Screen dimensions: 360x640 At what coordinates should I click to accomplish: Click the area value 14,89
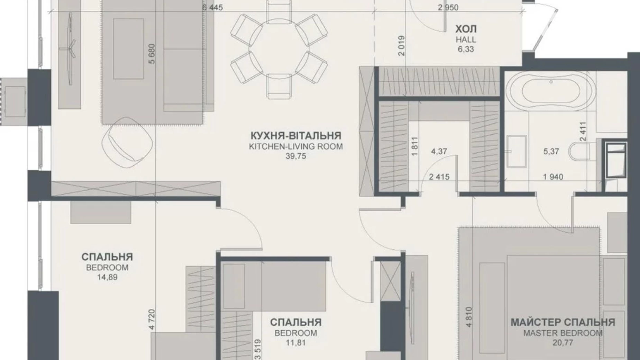point(107,277)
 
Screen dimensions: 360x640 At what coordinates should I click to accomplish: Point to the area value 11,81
point(296,343)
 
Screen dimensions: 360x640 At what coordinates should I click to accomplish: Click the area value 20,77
point(563,343)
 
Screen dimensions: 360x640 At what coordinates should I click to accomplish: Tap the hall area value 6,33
point(466,49)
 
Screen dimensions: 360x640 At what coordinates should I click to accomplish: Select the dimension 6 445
point(212,7)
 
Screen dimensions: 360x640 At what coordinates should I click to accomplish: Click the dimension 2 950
point(448,7)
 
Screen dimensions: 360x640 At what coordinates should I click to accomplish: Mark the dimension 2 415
point(439,177)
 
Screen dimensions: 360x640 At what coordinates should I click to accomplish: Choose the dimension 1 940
point(553,177)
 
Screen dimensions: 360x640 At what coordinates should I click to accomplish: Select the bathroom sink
point(516,151)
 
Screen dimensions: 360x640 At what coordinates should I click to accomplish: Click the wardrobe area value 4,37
point(439,151)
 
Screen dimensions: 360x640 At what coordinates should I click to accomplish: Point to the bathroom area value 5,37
point(551,151)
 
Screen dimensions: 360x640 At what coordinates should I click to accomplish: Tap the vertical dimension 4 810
point(469,317)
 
